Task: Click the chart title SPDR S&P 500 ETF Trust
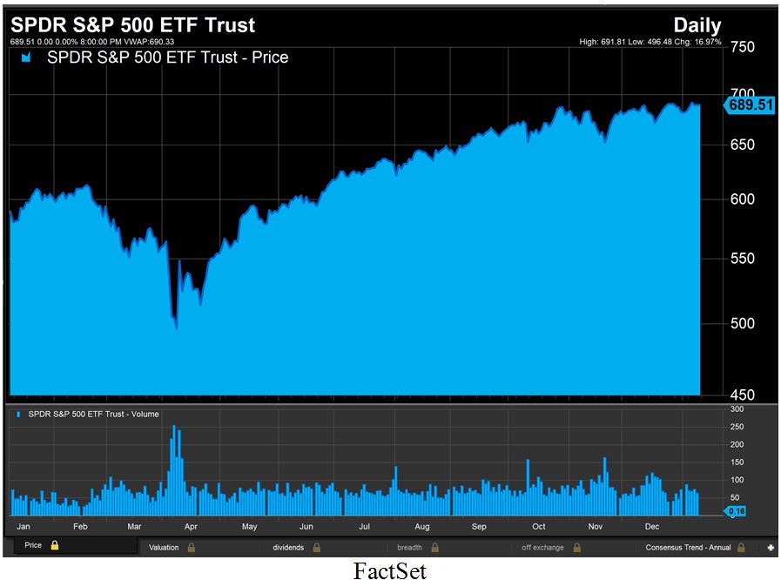[x=132, y=25]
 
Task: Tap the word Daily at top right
[x=697, y=25]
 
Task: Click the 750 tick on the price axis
[x=743, y=47]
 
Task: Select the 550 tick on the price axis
[x=742, y=259]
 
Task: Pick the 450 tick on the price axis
[x=742, y=395]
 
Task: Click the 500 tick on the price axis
[x=742, y=323]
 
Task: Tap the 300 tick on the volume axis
[x=737, y=408]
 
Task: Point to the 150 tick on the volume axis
[x=737, y=462]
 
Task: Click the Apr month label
[x=191, y=527]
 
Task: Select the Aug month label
[x=421, y=527]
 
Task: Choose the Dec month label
[x=651, y=527]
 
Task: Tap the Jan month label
[x=24, y=527]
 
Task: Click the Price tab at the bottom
[x=33, y=546]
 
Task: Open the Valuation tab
[x=164, y=548]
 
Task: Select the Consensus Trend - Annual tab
[x=688, y=548]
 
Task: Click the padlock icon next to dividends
[x=317, y=548]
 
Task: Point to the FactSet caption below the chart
[x=390, y=570]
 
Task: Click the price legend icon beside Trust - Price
[x=26, y=58]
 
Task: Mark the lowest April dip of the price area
[x=177, y=328]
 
